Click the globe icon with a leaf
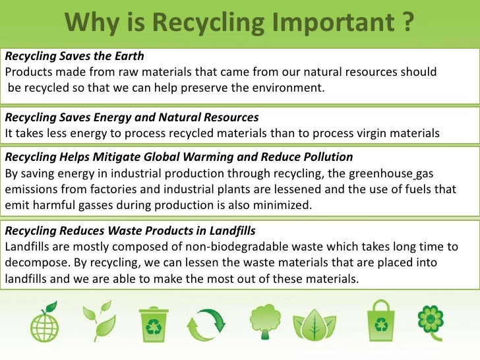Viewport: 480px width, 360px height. pyautogui.click(x=44, y=322)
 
